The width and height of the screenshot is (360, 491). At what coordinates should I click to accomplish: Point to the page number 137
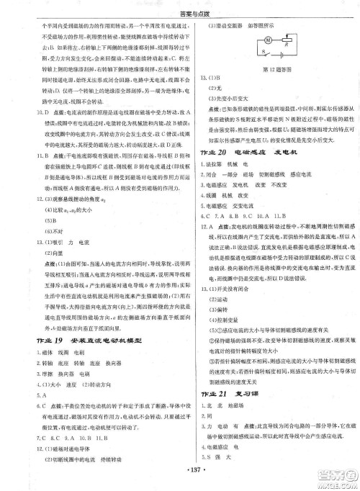click(182, 479)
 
